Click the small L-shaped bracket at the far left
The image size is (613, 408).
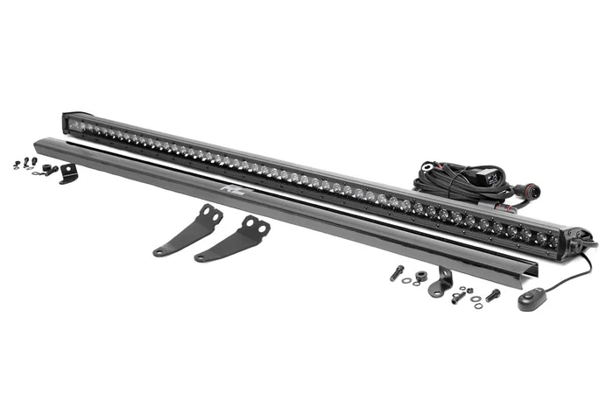point(68,173)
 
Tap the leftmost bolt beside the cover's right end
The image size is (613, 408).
point(397,273)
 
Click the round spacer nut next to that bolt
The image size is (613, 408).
point(419,279)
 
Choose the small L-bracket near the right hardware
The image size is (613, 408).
point(441,282)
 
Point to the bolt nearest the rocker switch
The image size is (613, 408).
point(493,295)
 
